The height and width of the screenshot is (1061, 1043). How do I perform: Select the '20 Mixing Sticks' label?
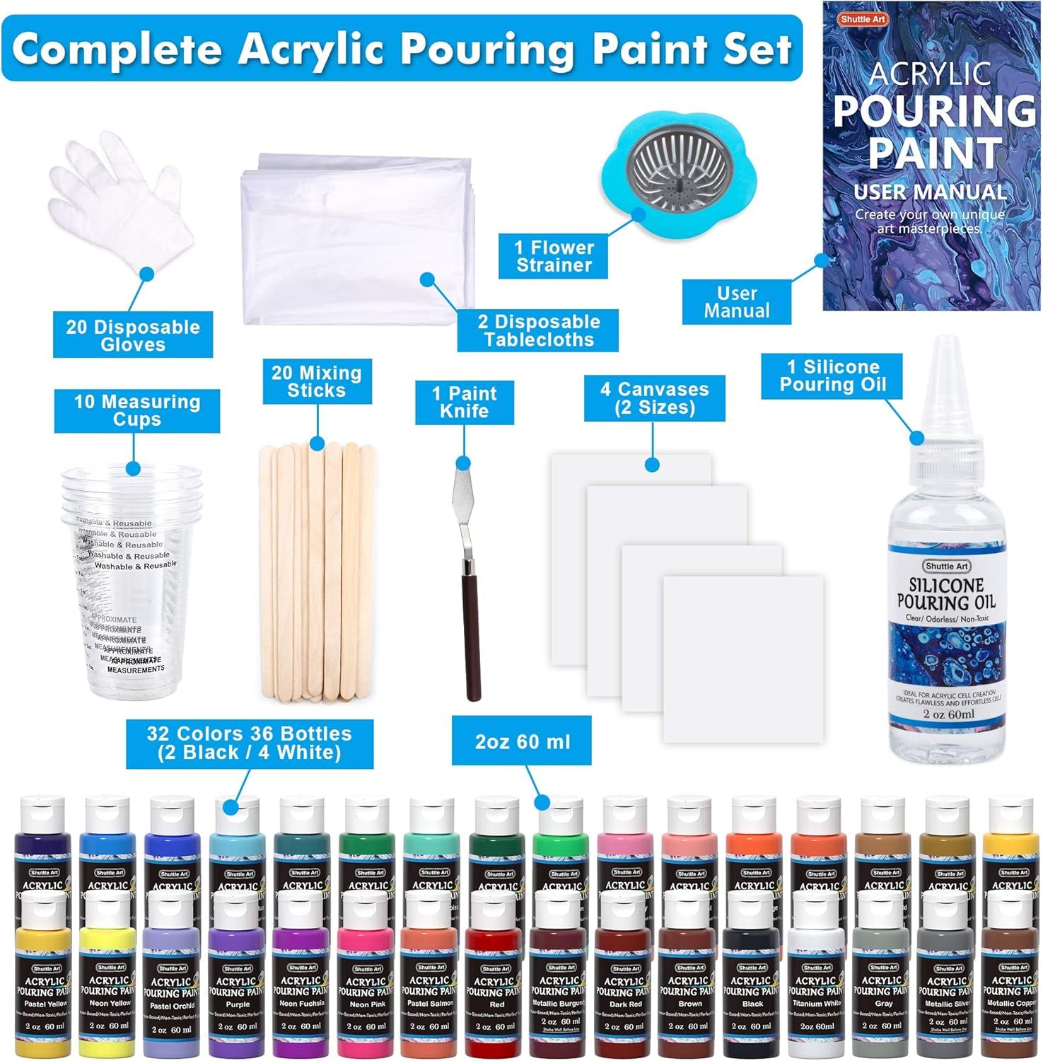[x=316, y=382]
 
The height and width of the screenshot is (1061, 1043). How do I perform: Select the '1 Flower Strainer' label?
[x=554, y=256]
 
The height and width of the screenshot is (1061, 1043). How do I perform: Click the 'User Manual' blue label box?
[x=736, y=302]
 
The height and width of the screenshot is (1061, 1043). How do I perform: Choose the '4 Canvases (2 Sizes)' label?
[x=654, y=398]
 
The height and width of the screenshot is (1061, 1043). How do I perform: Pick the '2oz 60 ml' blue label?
[x=522, y=742]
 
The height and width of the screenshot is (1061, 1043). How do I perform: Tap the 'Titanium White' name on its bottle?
[x=817, y=1004]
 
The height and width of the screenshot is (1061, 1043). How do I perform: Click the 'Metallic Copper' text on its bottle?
[x=1010, y=1004]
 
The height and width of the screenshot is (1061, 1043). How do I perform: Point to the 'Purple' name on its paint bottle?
[x=238, y=1004]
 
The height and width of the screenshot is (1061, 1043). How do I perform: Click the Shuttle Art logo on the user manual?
[x=863, y=19]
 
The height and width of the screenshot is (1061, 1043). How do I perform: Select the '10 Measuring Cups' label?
[x=137, y=411]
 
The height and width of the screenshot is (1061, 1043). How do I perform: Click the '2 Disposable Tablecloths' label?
[x=539, y=330]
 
